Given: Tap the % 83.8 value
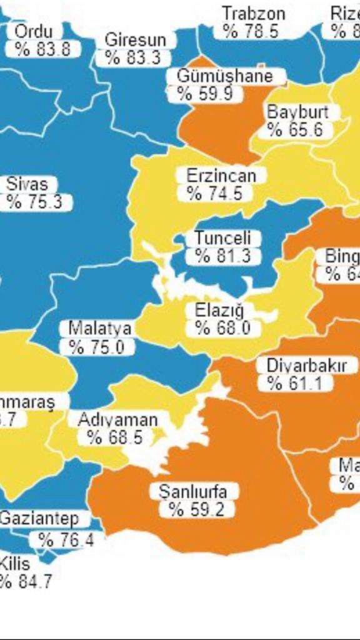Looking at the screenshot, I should coord(43,49).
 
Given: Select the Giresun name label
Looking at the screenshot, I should coord(136,39).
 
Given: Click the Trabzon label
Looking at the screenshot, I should coord(254,13).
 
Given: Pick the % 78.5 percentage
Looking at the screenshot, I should coord(251,31).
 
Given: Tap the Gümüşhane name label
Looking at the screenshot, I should coord(225,76).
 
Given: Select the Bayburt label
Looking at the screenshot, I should coord(302,112).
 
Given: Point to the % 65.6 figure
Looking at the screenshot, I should coord(295,130).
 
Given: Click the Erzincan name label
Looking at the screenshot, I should coord(221,176).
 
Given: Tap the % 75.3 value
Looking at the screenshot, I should coord(35,202).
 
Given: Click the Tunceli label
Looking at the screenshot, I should coord(222,238).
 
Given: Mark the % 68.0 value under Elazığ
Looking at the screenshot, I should coord(222,328).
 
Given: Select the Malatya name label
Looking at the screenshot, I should coord(100,328).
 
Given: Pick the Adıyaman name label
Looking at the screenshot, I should coord(117,419).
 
